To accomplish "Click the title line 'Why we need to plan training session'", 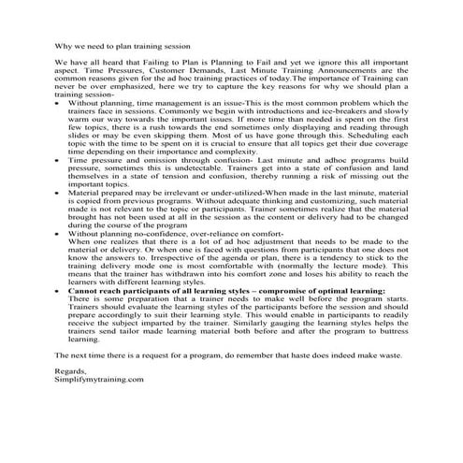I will tap(123, 44).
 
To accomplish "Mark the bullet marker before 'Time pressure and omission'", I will tap(59, 187).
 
